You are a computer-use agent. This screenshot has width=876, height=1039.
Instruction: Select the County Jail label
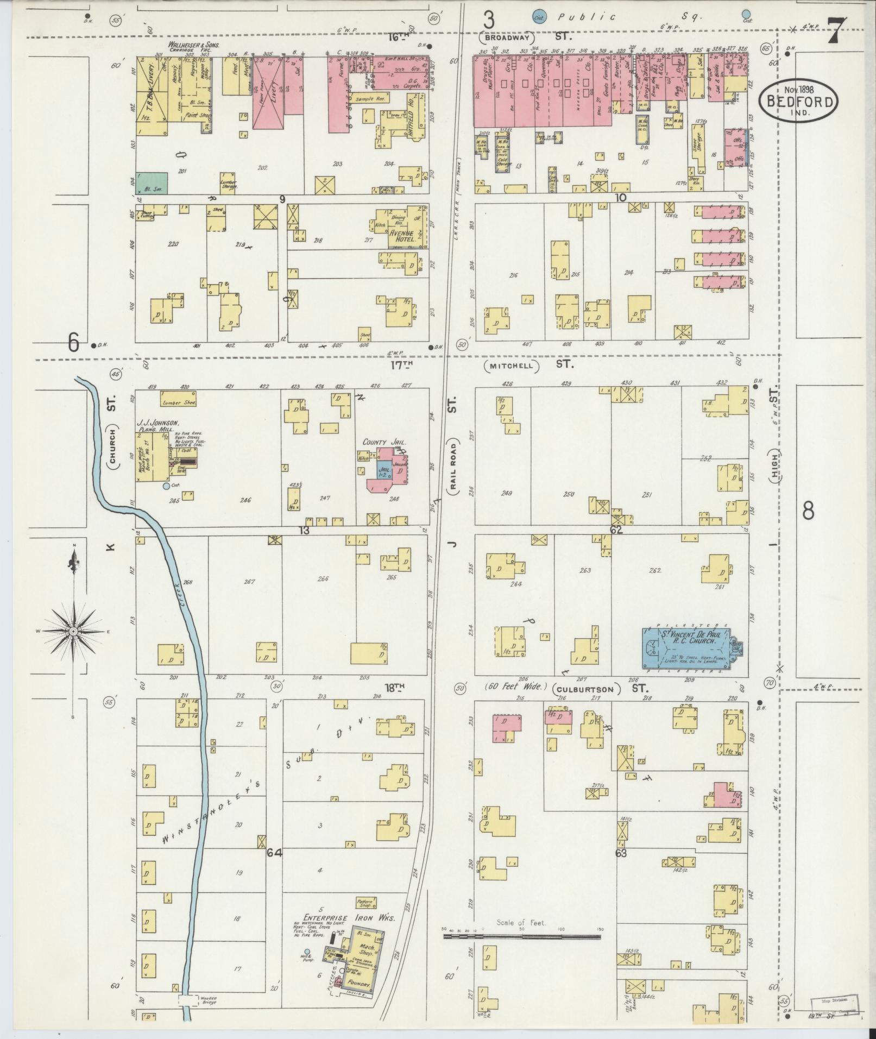point(385,442)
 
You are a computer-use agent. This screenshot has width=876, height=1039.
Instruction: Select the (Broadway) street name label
point(507,38)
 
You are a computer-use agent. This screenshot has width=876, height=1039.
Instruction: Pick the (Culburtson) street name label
point(587,689)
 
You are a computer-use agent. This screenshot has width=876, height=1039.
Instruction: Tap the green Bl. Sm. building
point(152,184)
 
